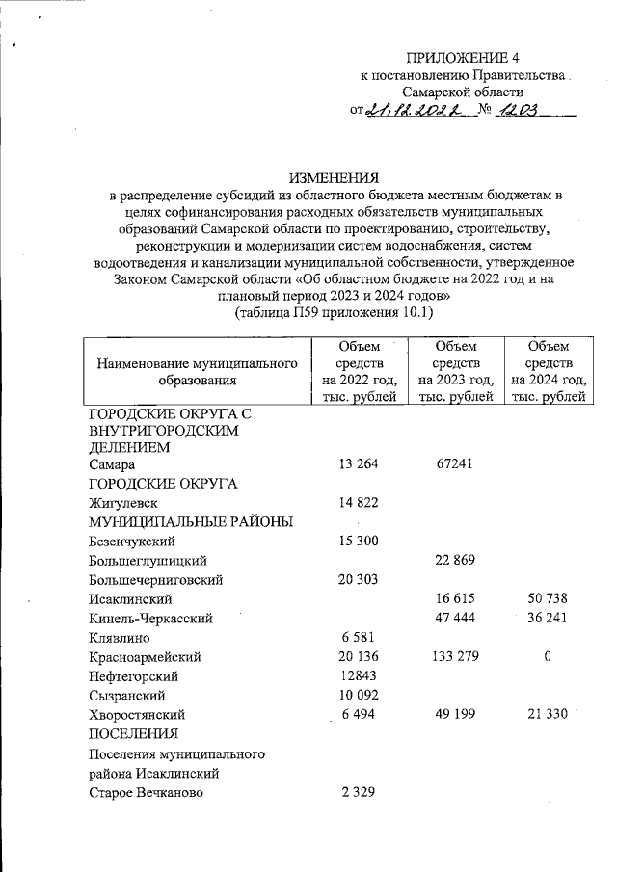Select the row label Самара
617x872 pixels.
(110, 464)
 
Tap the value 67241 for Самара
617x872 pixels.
(454, 464)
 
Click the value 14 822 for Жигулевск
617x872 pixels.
(360, 503)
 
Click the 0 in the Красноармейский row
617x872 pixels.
(549, 656)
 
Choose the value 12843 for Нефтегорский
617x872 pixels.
(359, 675)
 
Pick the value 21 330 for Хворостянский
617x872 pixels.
(549, 715)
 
